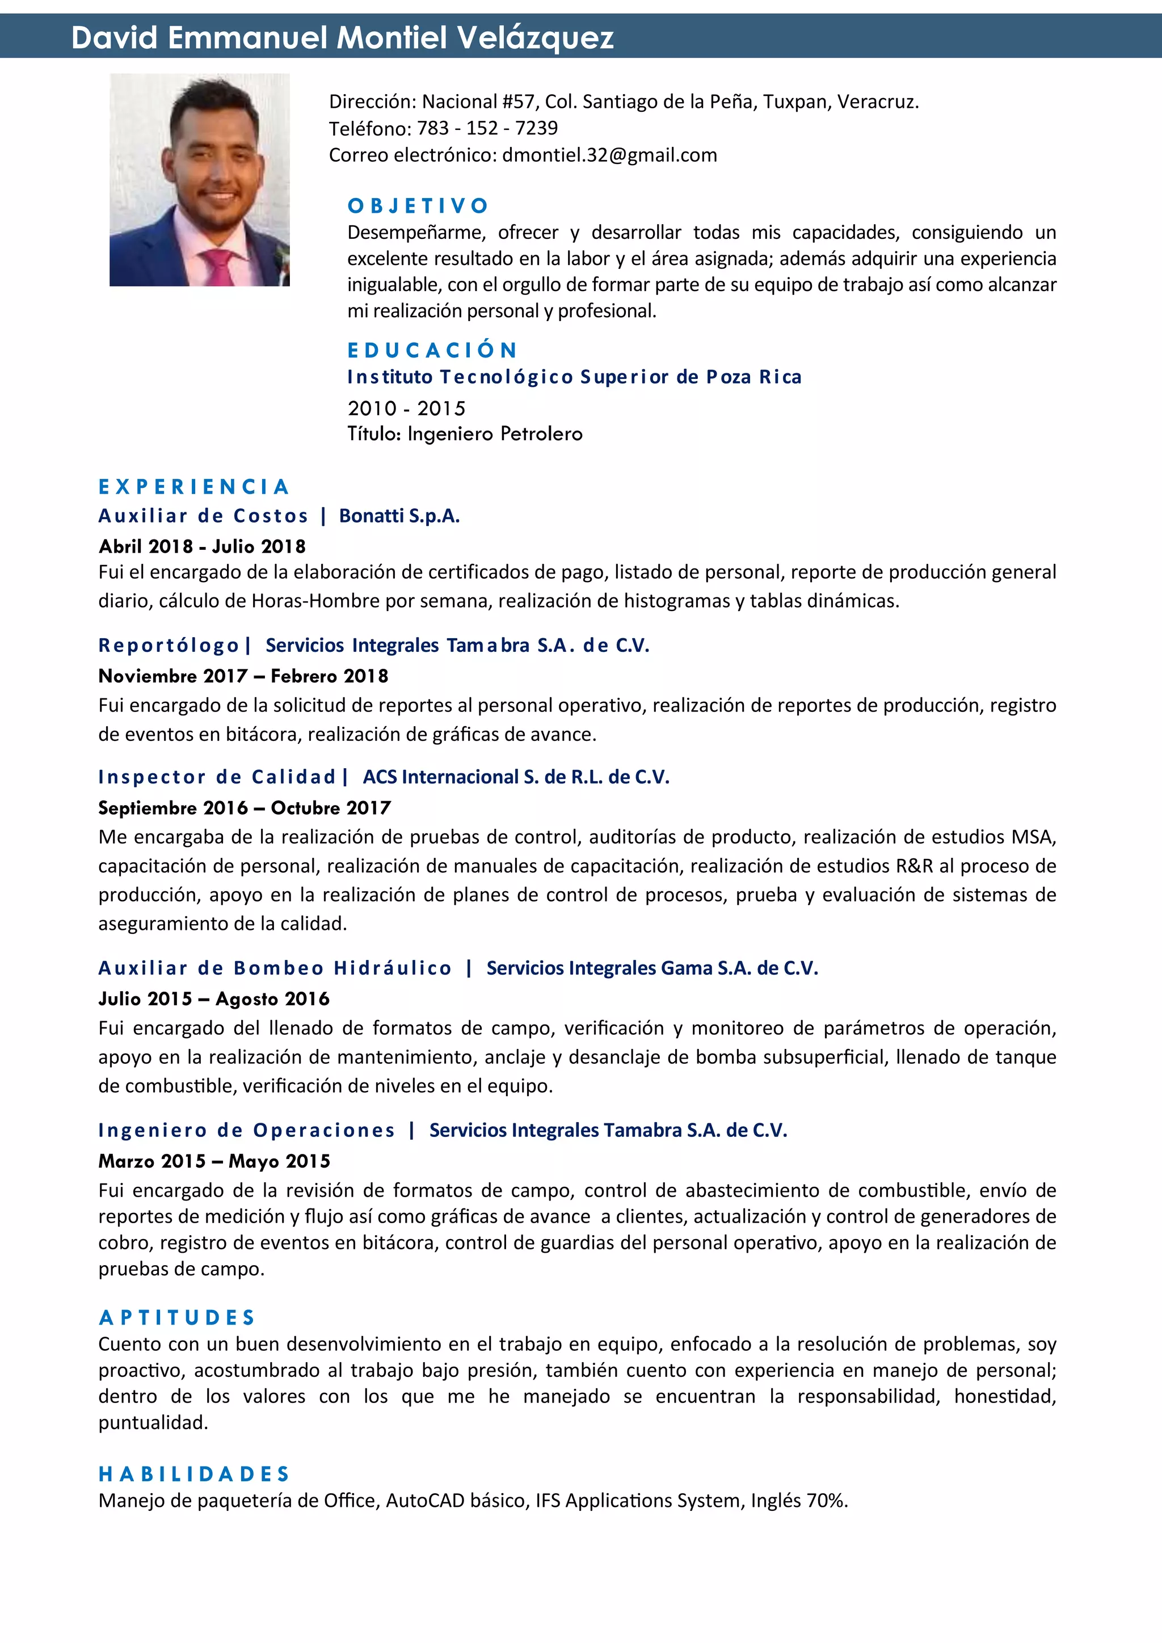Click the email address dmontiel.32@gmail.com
pos(609,155)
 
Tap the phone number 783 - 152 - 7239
pos(487,128)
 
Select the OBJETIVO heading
pos(418,206)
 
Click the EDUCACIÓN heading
pos(432,350)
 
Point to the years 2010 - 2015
pos(406,408)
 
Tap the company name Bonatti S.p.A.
pos(399,516)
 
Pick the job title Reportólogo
pos(169,646)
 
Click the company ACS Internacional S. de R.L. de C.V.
pos(516,777)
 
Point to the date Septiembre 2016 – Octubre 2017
pos(244,808)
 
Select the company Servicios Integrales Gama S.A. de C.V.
pos(652,968)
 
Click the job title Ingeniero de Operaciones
pos(246,1131)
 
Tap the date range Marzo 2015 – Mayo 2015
pos(214,1161)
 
